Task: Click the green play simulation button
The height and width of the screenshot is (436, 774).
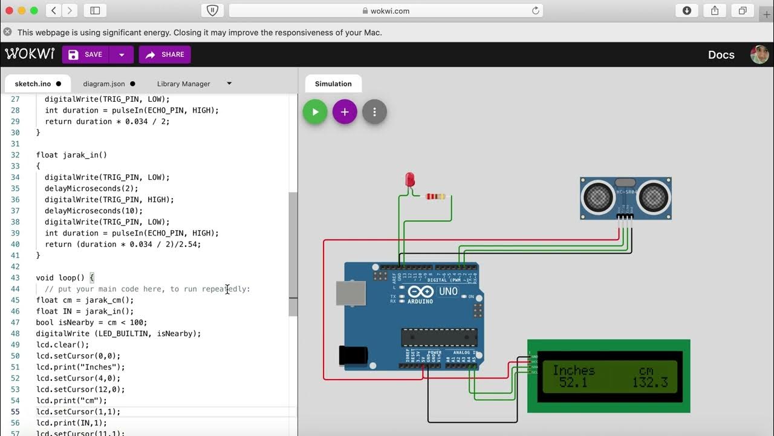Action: pyautogui.click(x=314, y=112)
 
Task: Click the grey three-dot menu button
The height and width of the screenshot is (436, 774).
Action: pyautogui.click(x=374, y=112)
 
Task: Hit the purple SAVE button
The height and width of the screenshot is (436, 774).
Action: pyautogui.click(x=85, y=54)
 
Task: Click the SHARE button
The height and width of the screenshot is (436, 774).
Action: pyautogui.click(x=164, y=54)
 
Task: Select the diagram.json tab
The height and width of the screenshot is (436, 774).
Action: pyautogui.click(x=104, y=84)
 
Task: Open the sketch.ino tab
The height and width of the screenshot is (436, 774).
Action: pyautogui.click(x=33, y=84)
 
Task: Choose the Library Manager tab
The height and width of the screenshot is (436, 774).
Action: pyautogui.click(x=183, y=84)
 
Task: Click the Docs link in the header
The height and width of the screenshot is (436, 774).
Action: pyautogui.click(x=721, y=54)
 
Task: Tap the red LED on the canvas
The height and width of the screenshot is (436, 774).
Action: pyautogui.click(x=410, y=180)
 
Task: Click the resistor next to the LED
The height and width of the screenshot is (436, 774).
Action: pyautogui.click(x=435, y=196)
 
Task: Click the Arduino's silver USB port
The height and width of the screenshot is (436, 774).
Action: pyautogui.click(x=351, y=293)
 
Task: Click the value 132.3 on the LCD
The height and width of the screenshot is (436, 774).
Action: pyautogui.click(x=650, y=382)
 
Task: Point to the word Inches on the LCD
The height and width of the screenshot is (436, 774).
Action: pyautogui.click(x=573, y=370)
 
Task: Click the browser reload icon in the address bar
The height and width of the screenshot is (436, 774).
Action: pyautogui.click(x=535, y=10)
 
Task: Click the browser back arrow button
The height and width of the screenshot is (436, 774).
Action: pyautogui.click(x=53, y=10)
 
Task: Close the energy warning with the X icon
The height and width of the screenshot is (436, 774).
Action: pyautogui.click(x=7, y=32)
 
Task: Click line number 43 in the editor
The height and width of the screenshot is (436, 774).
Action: pyautogui.click(x=15, y=278)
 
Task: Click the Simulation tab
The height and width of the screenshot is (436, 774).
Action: pyautogui.click(x=333, y=84)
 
